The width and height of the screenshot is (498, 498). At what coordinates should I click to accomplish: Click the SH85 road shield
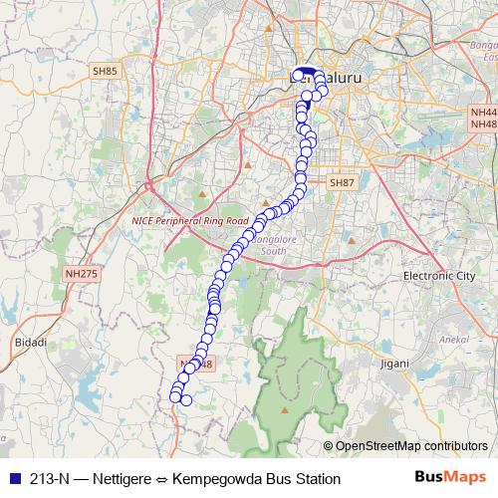104,72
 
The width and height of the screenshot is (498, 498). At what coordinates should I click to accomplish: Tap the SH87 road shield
342,183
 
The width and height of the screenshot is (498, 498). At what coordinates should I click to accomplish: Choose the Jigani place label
395,364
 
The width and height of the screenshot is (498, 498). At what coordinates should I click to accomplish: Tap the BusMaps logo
450,478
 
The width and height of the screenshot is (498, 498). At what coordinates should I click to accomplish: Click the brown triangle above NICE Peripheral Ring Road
201,194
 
